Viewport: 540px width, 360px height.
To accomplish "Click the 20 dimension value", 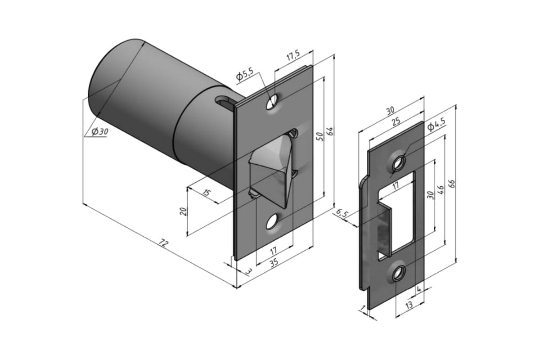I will pos(183,211).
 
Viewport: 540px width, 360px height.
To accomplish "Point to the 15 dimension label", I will pos(206,193).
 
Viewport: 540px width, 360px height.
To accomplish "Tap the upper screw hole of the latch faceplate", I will pos(271,103).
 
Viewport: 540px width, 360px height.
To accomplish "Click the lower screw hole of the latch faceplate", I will pos(271,221).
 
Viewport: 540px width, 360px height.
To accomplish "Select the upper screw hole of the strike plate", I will pos(398,163).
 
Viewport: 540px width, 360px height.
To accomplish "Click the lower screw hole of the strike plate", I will pos(398,272).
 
